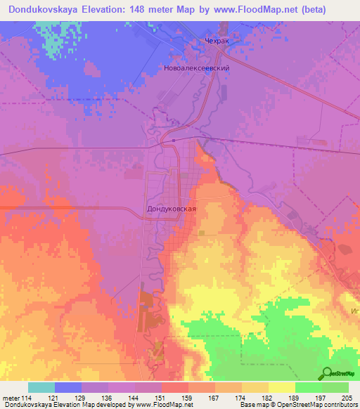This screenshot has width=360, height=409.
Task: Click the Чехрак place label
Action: tap(217, 41)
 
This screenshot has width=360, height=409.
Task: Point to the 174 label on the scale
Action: tap(242, 398)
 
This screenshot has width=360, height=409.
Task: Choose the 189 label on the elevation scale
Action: tap(295, 398)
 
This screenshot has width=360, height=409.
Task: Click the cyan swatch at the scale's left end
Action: tap(41, 387)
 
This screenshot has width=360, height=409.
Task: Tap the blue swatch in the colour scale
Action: tap(68, 387)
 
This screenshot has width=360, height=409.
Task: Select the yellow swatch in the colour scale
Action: tap(282, 387)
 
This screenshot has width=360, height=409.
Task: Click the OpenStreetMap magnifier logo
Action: tap(327, 374)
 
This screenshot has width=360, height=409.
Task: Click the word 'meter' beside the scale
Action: tap(11, 398)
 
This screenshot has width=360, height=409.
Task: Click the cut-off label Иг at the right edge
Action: tap(354, 309)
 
